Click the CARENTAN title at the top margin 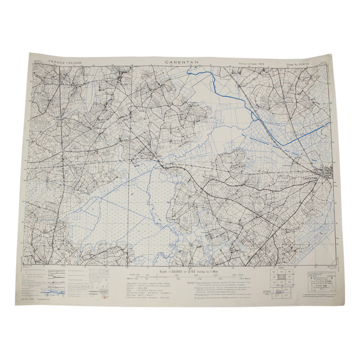tap(179, 61)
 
